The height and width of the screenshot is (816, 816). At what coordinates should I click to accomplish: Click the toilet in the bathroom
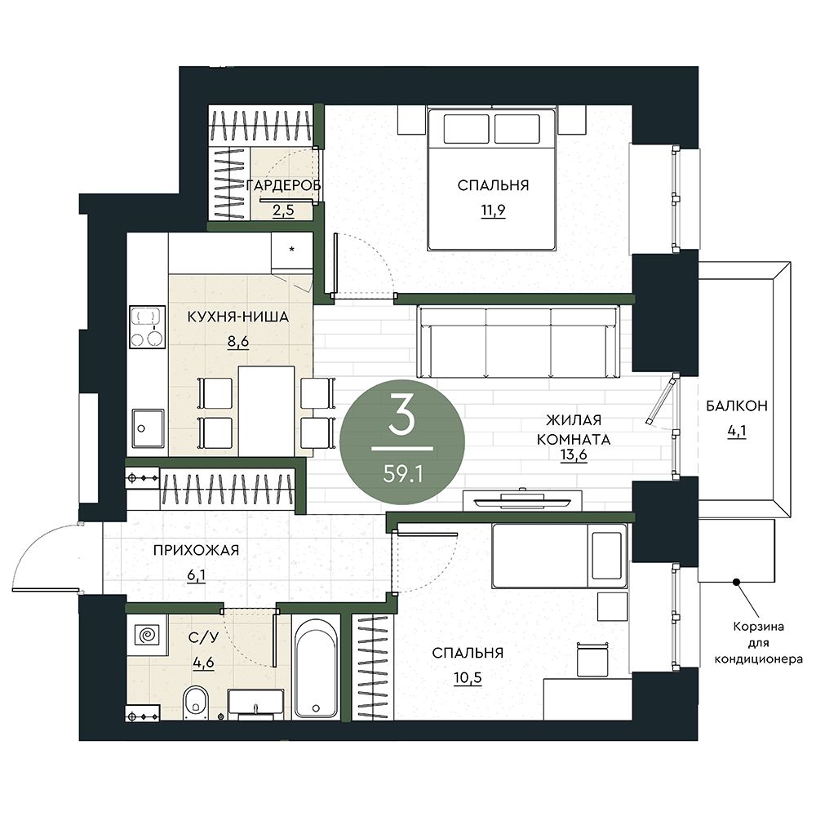tap(196, 703)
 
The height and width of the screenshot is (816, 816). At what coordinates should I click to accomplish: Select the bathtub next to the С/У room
tap(315, 667)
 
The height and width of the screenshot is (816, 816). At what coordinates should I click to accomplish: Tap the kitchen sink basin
tap(149, 428)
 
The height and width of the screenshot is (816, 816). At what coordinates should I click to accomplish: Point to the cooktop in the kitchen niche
tap(147, 327)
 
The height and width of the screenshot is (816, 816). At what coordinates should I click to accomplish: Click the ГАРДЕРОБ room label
tap(282, 184)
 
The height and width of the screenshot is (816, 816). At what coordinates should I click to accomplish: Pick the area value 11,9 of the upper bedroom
tap(493, 211)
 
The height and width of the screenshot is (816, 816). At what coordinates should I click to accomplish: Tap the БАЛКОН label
tap(736, 406)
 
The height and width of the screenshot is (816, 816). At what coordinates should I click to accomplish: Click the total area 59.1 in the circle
tap(402, 473)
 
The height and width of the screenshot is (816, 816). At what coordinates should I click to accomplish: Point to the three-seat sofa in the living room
tap(519, 341)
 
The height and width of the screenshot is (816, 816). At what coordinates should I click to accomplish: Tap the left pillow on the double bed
tap(466, 129)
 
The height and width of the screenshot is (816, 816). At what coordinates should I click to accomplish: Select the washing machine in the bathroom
tap(147, 635)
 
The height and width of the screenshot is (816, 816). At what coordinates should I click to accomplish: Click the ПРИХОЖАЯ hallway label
tap(196, 550)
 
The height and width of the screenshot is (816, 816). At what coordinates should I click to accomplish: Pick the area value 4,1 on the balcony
tap(737, 431)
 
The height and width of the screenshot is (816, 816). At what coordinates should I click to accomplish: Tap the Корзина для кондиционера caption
tap(758, 643)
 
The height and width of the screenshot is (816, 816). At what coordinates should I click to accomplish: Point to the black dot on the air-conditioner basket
tap(736, 582)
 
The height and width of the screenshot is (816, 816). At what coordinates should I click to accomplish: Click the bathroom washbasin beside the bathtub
tap(255, 704)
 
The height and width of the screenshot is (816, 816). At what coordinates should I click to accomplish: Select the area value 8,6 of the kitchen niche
tap(237, 342)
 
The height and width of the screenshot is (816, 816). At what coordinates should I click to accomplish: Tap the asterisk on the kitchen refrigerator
tap(292, 250)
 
